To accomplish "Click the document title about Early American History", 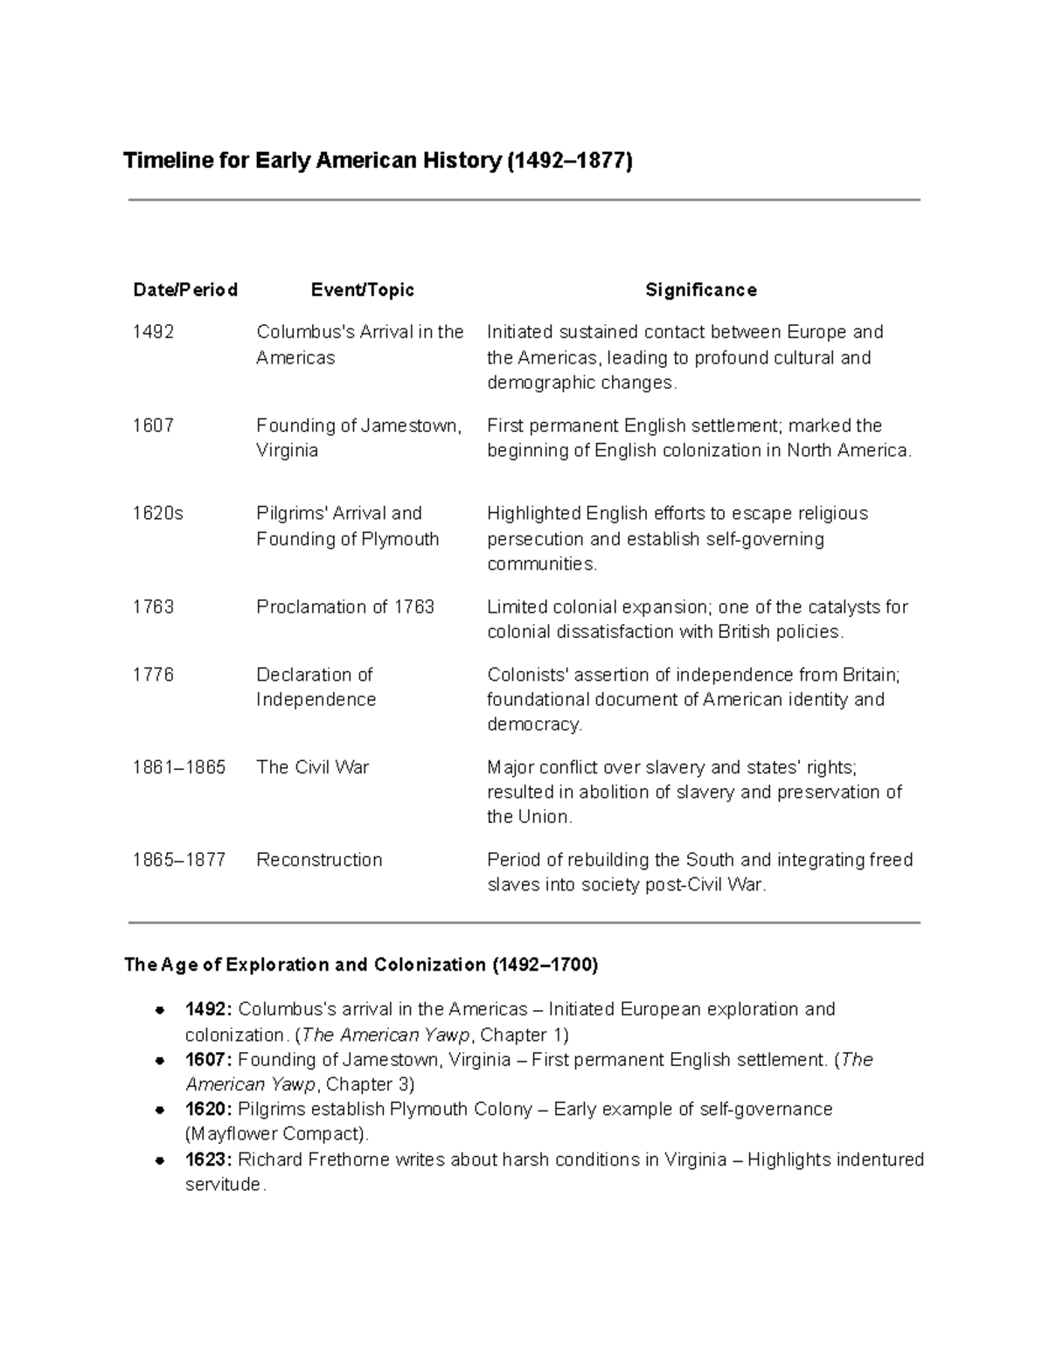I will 377,161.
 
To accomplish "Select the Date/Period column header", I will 184,290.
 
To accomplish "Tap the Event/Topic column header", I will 362,290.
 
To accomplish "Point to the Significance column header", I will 700,290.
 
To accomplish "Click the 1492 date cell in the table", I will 153,332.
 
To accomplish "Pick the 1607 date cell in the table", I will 153,426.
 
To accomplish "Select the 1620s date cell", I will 157,513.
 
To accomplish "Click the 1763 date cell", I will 153,606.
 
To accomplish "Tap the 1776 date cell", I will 153,675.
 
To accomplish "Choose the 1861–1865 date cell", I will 178,767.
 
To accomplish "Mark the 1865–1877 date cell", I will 178,860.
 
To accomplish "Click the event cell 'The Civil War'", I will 312,767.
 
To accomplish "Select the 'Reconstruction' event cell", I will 319,860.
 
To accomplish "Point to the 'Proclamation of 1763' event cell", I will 345,606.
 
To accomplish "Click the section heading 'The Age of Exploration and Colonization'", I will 361,965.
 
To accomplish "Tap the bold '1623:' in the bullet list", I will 208,1160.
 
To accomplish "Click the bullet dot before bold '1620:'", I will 160,1110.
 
